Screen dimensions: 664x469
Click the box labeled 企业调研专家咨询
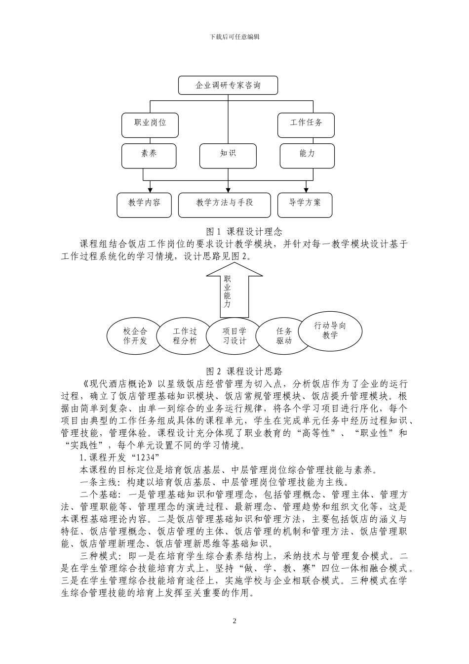tap(228, 85)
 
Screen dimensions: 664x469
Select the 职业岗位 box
tap(150, 125)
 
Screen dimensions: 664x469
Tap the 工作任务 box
tap(306, 125)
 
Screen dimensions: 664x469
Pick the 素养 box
tap(149, 155)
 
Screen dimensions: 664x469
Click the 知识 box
tap(228, 155)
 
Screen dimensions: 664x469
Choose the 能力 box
tap(307, 155)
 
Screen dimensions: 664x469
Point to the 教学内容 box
tap(145, 205)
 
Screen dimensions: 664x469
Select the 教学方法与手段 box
tap(225, 205)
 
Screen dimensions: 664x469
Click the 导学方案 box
tap(305, 205)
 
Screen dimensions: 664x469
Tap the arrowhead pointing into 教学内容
tap(150, 190)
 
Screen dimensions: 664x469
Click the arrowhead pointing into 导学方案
tap(306, 190)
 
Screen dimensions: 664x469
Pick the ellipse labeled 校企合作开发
tap(135, 336)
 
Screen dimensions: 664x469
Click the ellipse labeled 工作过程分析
tap(185, 336)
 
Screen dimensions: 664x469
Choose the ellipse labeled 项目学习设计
tap(234, 336)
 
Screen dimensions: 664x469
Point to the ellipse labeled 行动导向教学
tap(330, 330)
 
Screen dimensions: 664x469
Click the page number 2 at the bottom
tap(234, 621)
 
